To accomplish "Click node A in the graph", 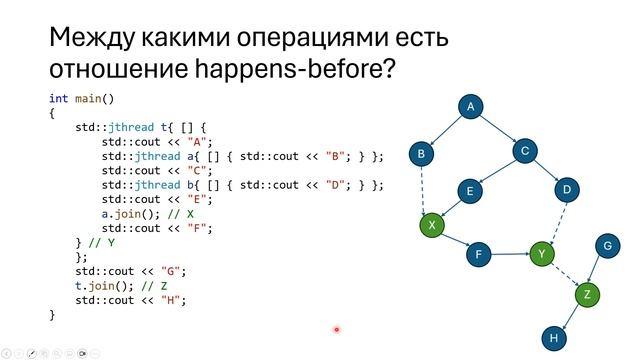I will [x=470, y=107].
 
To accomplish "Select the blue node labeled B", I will [x=422, y=154].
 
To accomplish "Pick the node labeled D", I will [x=566, y=189].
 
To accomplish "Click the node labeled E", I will [x=470, y=190].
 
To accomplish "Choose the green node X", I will [x=431, y=226].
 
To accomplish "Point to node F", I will [x=479, y=255].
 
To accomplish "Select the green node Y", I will [x=542, y=255].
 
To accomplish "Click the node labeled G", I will [x=606, y=245].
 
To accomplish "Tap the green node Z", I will [x=587, y=294].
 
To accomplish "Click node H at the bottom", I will [x=552, y=337].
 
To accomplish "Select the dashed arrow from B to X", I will [x=426, y=190].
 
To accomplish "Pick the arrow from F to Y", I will [x=510, y=255].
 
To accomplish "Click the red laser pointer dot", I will [x=337, y=328].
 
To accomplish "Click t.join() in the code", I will [x=101, y=285].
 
